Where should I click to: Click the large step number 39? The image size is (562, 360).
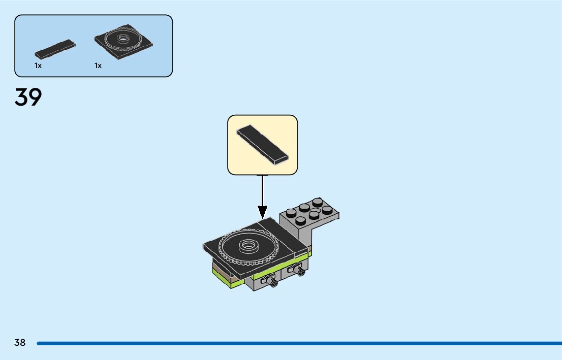coord(28,97)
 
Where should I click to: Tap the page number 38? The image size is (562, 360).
coord(20,343)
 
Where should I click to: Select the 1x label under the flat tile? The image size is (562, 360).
coord(38,66)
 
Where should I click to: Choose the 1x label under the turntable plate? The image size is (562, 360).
coord(98,66)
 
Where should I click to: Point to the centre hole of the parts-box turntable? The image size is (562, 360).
coord(122,38)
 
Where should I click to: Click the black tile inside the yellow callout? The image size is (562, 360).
coord(262,144)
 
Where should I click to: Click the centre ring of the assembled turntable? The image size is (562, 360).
coord(248,245)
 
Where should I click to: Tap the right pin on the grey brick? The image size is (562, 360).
coord(297,271)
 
